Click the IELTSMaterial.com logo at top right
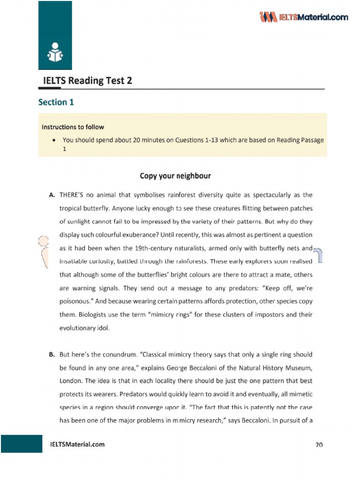(304, 17)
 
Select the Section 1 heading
(56, 102)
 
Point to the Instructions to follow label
(73, 127)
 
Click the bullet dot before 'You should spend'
(55, 140)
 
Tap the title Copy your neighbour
(175, 176)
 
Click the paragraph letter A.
(52, 195)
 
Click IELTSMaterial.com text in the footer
(77, 444)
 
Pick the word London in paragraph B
(71, 381)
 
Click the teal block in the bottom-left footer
(22, 444)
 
